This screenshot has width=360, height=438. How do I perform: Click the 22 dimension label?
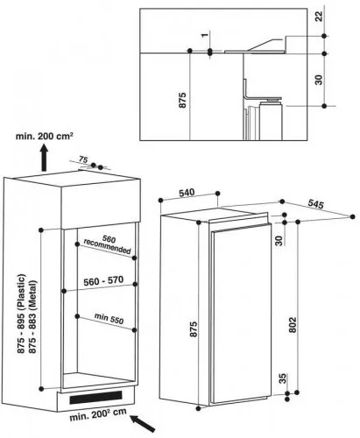320,16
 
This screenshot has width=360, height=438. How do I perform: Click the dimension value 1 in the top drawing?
205,35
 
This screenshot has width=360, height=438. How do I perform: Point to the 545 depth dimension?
316,204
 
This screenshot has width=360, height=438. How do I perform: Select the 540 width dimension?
187,193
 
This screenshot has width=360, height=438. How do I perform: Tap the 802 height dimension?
293,325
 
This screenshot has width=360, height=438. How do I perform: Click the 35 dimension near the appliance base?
283,378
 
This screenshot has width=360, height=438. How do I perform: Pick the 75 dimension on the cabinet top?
83,159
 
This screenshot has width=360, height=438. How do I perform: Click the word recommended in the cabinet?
107,246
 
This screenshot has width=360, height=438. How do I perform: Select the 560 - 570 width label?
103,281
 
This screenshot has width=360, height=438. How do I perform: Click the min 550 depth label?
109,318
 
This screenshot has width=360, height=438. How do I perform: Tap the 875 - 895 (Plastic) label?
21,314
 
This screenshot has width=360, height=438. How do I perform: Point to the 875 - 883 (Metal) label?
32,316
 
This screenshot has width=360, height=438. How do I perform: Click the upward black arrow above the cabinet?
44,158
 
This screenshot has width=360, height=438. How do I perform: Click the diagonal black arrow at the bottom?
143,423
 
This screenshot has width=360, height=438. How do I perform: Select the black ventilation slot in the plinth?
95,398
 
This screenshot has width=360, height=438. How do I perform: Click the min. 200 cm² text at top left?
45,136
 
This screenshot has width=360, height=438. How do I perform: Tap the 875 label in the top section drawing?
182,100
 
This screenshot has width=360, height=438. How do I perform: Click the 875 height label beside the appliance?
194,329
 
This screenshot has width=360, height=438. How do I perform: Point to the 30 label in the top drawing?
319,80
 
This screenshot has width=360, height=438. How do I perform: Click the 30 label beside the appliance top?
279,241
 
